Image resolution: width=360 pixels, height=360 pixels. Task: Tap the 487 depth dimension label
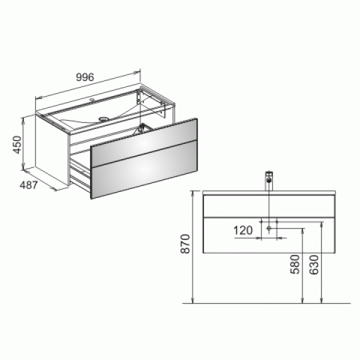pyautogui.click(x=28, y=185)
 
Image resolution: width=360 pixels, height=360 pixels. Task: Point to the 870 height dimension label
pyautogui.click(x=185, y=245)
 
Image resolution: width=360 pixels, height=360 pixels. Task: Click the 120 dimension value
pyautogui.click(x=243, y=230)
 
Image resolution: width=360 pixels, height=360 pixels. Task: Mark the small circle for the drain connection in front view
pyautogui.click(x=269, y=229)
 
